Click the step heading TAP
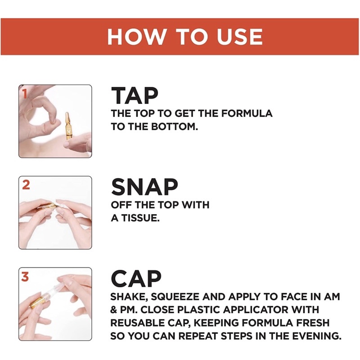click(x=135, y=96)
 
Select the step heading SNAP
click(x=144, y=187)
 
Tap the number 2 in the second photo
click(x=26, y=185)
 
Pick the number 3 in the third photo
click(x=25, y=276)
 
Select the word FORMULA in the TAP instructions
click(x=247, y=114)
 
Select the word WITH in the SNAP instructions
click(x=195, y=205)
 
